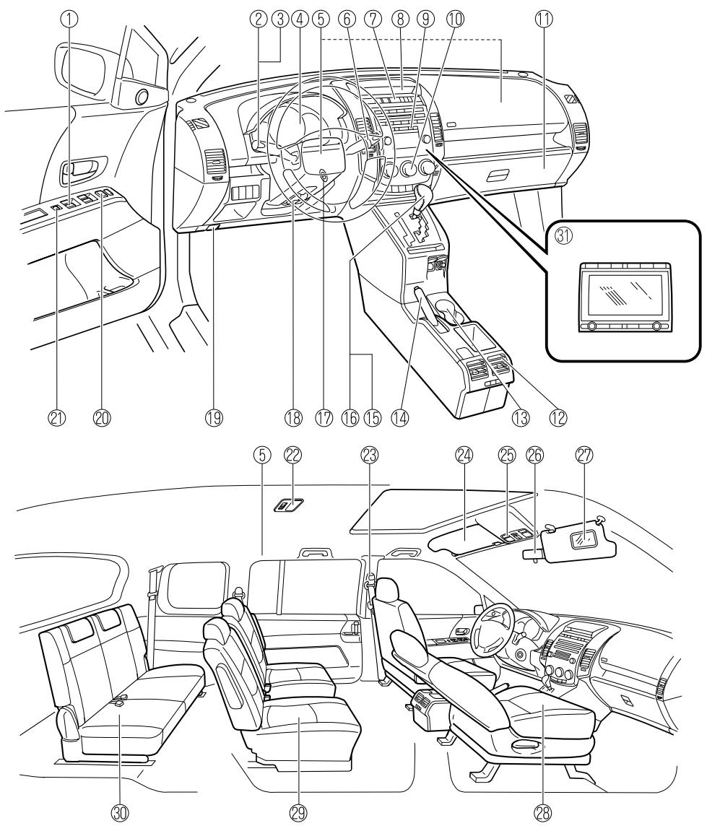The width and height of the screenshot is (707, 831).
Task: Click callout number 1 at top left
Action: click(x=69, y=19)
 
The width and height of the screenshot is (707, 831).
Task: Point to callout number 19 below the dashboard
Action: click(x=214, y=417)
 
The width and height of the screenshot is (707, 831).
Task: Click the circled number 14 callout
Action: click(x=399, y=417)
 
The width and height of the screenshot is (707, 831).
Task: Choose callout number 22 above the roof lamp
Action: click(x=292, y=455)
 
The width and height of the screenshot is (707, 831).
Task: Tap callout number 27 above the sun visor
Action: click(x=584, y=455)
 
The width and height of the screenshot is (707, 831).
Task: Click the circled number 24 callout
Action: click(x=465, y=455)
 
